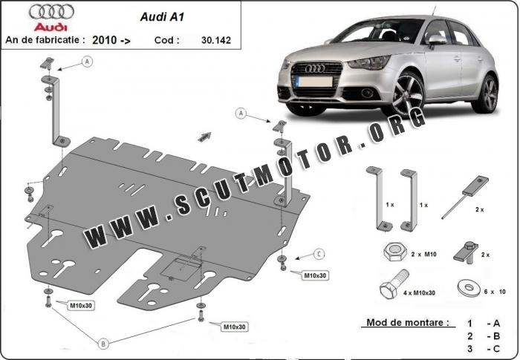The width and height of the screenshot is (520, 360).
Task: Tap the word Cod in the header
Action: (x=167, y=39)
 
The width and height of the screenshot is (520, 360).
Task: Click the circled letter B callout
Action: (x=104, y=342)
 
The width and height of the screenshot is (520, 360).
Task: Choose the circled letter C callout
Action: (x=318, y=254)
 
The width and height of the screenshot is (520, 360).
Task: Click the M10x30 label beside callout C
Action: (x=315, y=275)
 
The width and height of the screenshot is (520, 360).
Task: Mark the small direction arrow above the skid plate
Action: (x=204, y=137)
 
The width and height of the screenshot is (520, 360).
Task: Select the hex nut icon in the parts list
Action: (x=391, y=253)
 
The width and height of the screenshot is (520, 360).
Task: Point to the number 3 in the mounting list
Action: (x=469, y=348)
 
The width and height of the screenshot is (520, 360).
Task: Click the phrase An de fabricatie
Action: (x=44, y=39)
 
